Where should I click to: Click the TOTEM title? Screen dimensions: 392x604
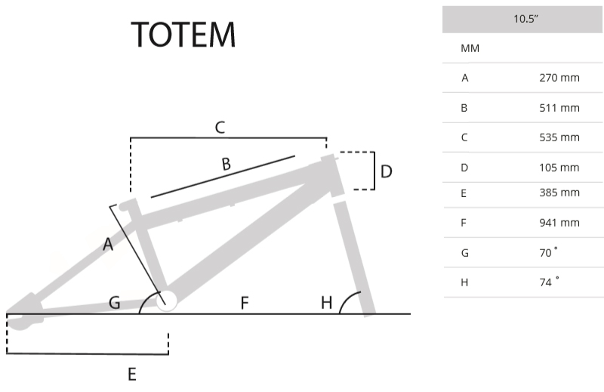click(183, 35)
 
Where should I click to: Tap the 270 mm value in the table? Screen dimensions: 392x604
click(559, 78)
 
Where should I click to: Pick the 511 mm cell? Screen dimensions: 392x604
click(559, 108)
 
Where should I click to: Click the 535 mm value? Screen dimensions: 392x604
click(559, 137)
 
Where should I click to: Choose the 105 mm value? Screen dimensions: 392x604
click(559, 167)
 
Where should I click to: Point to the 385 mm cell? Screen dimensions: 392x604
click(559, 193)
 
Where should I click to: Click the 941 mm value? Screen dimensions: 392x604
click(559, 223)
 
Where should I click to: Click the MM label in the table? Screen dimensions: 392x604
click(470, 48)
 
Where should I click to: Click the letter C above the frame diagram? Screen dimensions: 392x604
click(220, 128)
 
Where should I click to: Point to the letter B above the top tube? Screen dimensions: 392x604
click(226, 163)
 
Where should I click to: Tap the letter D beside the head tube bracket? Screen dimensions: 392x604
click(386, 172)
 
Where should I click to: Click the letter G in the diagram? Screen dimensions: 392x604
click(114, 303)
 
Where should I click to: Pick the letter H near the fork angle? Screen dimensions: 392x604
click(326, 303)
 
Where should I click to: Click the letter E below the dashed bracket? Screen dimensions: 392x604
click(131, 373)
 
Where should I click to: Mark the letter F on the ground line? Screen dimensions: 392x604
click(245, 303)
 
